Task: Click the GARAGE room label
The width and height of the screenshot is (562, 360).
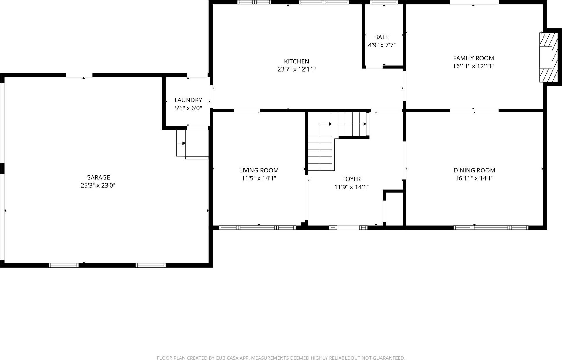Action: click(98, 177)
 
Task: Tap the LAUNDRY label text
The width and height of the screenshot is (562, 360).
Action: click(188, 100)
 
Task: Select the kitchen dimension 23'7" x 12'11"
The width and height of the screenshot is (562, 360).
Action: click(296, 69)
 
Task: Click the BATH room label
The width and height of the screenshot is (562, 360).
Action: click(382, 37)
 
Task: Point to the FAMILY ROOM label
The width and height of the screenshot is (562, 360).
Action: click(473, 58)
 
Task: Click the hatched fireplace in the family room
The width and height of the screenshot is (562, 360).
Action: click(549, 57)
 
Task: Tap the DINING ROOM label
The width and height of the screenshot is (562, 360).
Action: click(474, 170)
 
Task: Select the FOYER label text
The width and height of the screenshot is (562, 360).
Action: click(351, 179)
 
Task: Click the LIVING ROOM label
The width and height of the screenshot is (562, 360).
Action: click(259, 170)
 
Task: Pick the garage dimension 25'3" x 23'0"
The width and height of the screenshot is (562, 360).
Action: click(98, 186)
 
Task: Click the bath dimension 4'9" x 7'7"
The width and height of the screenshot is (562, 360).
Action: click(382, 45)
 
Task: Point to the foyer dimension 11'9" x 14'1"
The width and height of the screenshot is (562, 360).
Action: click(351, 187)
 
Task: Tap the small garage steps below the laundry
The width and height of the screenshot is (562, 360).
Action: click(181, 143)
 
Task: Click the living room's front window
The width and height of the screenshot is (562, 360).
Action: click(257, 228)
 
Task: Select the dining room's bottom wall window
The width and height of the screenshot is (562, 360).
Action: click(491, 228)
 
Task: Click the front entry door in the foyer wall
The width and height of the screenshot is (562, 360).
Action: click(348, 228)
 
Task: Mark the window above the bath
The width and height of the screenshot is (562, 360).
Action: click(384, 2)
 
